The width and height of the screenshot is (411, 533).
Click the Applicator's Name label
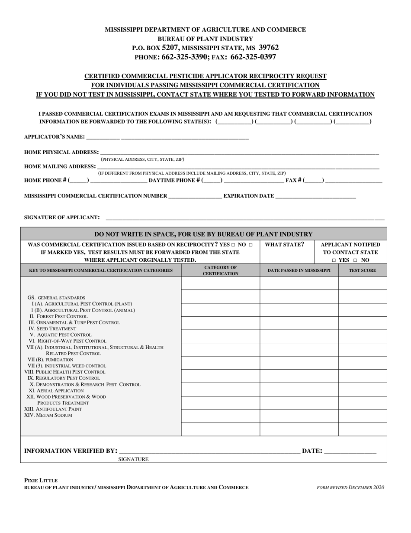tap(54, 137)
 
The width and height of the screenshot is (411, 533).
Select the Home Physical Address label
tap(61, 153)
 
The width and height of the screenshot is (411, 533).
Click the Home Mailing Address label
tap(60, 166)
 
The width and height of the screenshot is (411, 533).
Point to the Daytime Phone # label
tap(174, 180)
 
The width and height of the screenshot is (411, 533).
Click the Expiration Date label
tap(249, 196)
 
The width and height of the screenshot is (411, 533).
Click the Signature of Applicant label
tap(62, 218)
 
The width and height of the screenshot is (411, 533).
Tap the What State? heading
tap(284, 245)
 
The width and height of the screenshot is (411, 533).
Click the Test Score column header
tap(363, 270)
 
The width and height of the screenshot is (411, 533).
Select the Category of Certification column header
tap(220, 270)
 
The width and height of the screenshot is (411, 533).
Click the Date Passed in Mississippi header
tap(299, 270)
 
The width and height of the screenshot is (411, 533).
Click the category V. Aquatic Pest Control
tap(61, 335)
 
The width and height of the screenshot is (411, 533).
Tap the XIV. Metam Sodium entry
tap(48, 416)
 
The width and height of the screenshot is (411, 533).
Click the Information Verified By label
tap(71, 451)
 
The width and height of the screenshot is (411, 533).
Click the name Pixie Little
tap(41, 481)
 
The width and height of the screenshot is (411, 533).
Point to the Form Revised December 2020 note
tap(350, 487)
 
